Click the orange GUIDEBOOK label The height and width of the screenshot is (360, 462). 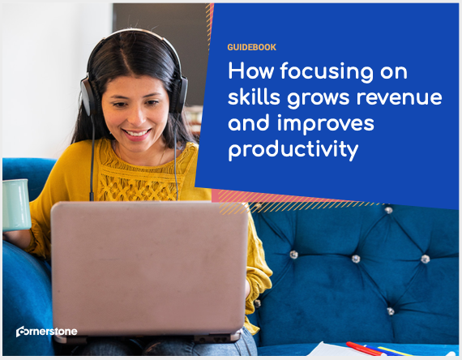pyautogui.click(x=251, y=47)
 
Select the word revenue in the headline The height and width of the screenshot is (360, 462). pyautogui.click(x=400, y=98)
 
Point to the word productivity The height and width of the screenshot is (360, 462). pyautogui.click(x=293, y=149)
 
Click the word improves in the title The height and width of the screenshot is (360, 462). pyautogui.click(x=326, y=124)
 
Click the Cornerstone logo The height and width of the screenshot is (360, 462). pyautogui.click(x=46, y=332)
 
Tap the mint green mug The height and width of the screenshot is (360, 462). pyautogui.click(x=16, y=204)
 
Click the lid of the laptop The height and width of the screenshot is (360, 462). pyautogui.click(x=149, y=268)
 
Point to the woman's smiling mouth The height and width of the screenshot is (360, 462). pyautogui.click(x=137, y=133)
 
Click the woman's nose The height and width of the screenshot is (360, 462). pyautogui.click(x=135, y=117)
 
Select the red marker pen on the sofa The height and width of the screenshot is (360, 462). pyautogui.click(x=363, y=349)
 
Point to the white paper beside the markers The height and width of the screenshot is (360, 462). pyautogui.click(x=330, y=349)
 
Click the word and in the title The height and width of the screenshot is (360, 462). pyautogui.click(x=249, y=122)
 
